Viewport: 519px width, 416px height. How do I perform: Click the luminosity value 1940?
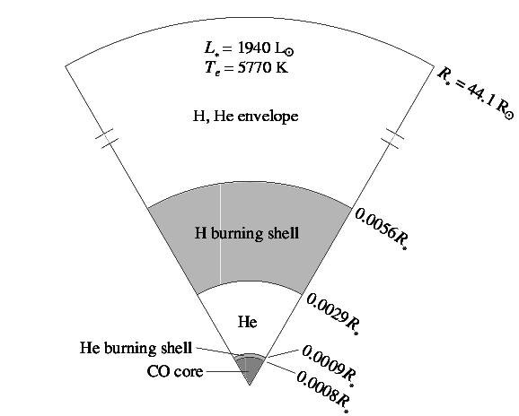point(254,48)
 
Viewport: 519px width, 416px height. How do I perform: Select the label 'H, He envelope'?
point(246,117)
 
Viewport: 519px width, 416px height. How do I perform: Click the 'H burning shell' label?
point(247,233)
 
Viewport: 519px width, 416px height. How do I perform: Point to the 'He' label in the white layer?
point(247,322)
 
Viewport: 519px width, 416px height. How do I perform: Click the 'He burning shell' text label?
point(136,348)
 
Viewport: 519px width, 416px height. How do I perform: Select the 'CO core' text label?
point(175,371)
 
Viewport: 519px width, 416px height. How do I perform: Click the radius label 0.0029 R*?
point(332,314)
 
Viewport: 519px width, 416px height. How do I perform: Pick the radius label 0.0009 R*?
point(329,365)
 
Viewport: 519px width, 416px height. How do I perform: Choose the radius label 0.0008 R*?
point(323,391)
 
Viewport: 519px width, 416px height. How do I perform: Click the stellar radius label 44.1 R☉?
point(476,93)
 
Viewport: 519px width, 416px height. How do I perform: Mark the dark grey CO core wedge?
point(250,369)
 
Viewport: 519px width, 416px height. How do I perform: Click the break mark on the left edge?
point(107,138)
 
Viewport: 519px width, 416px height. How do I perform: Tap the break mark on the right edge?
point(392,138)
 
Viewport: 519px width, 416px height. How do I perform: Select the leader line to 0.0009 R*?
point(283,353)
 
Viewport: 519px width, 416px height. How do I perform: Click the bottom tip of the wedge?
point(250,386)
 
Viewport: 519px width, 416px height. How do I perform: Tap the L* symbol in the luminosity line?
point(211,49)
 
